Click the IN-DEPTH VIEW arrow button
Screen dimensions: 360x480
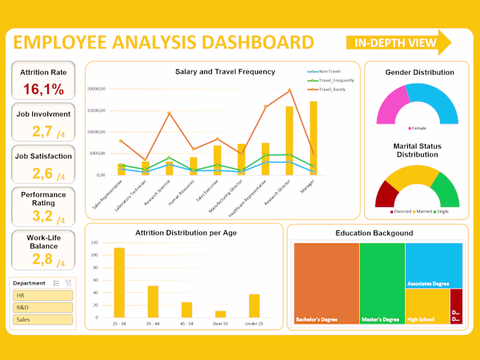click(x=398, y=43)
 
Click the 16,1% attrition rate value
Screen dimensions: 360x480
click(x=43, y=89)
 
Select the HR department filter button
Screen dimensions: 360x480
click(x=43, y=296)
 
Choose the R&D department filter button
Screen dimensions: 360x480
click(x=43, y=307)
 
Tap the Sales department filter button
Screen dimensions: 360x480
click(x=43, y=320)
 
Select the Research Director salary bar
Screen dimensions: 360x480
click(x=289, y=141)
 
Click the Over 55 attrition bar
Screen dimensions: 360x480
click(x=220, y=314)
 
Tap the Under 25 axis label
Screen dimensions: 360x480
click(x=254, y=324)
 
